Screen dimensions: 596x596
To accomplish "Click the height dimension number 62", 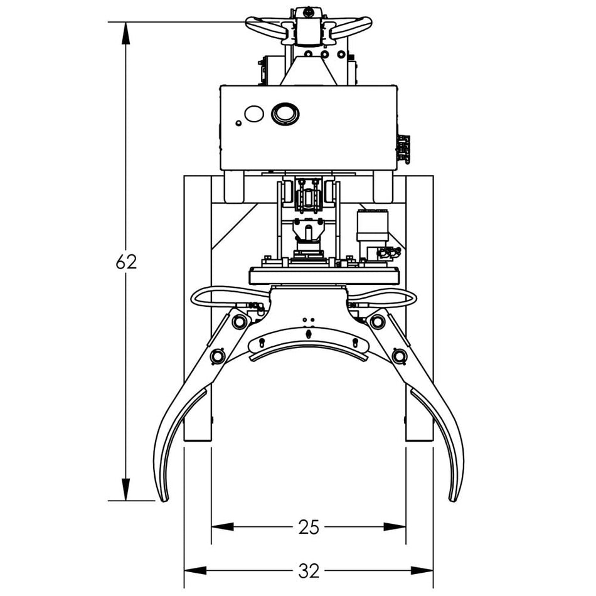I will (x=126, y=262).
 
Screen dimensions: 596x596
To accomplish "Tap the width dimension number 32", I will (x=308, y=571).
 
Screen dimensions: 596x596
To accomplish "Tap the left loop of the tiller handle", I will (x=263, y=27).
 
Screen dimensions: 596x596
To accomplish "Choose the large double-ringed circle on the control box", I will (x=285, y=114).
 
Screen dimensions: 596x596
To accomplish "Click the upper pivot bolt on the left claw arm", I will (x=239, y=322).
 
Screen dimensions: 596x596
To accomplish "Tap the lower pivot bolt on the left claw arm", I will (x=218, y=356).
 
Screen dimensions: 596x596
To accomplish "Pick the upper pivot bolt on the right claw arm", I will (x=377, y=322).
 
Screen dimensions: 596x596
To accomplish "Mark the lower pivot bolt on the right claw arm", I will (x=398, y=356).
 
